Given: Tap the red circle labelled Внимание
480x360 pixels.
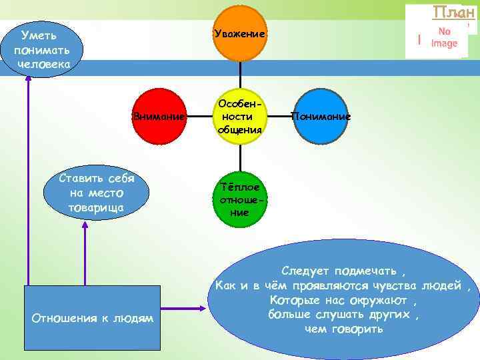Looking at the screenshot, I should (159, 117).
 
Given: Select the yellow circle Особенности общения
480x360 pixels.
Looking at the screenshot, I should (240, 117).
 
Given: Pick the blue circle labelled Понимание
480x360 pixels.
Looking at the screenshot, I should (321, 117).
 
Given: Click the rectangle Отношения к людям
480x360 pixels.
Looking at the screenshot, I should (93, 319).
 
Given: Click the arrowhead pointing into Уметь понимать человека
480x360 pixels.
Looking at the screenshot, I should (28, 76).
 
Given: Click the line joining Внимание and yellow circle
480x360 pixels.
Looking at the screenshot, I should (199, 117).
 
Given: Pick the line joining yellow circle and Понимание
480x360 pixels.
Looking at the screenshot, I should (281, 117).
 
